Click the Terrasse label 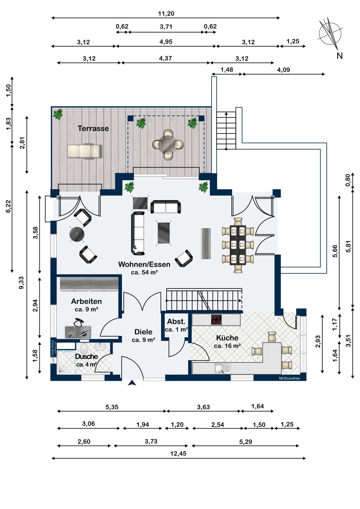(x=93, y=128)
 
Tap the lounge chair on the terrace (x=84, y=151)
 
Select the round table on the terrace (x=168, y=144)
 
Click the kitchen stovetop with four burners (x=216, y=319)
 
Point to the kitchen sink (x=220, y=368)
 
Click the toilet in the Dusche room (x=84, y=347)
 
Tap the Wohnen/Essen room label (x=144, y=264)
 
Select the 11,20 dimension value (x=166, y=14)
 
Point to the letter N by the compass (x=340, y=56)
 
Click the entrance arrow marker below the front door (x=132, y=383)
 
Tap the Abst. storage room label (x=176, y=322)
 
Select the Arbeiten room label (x=86, y=301)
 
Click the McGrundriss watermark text (x=289, y=378)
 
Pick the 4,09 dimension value (x=283, y=70)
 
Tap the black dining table (x=238, y=245)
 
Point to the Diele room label (x=143, y=332)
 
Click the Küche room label (x=227, y=338)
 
